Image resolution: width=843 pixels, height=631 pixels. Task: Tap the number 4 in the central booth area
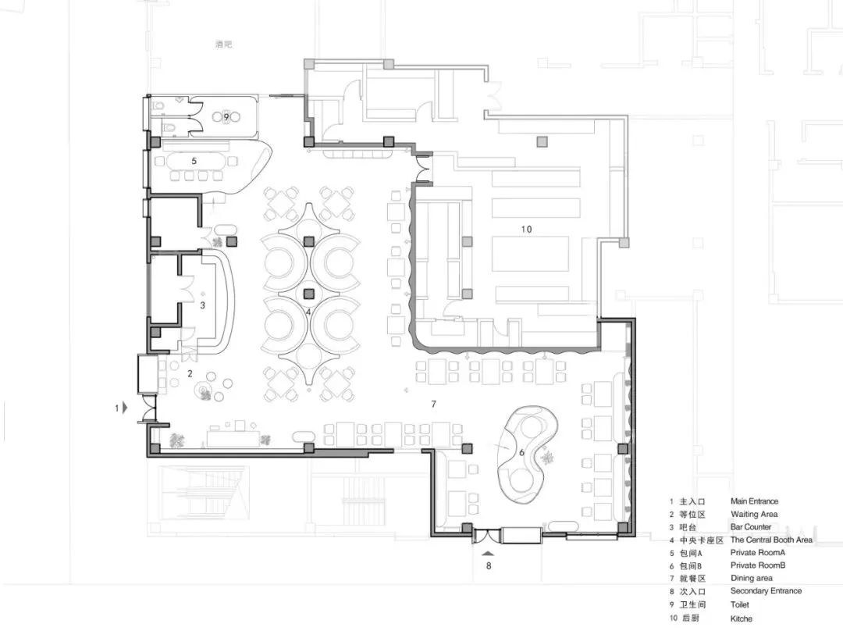(309, 312)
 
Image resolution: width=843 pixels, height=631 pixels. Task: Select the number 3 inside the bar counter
(202, 305)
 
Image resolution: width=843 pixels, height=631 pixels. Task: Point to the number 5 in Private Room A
(194, 160)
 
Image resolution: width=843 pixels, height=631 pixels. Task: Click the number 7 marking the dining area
(433, 404)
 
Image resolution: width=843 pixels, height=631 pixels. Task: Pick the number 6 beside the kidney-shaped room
(521, 452)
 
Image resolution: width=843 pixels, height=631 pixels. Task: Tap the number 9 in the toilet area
(226, 117)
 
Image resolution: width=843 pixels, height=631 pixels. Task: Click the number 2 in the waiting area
(190, 373)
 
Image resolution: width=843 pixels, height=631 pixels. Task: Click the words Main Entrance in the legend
(754, 501)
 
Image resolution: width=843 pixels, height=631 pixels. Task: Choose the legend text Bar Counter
(751, 527)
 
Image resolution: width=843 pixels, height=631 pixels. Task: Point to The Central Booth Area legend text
(771, 540)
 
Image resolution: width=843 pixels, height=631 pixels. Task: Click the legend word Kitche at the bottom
(742, 619)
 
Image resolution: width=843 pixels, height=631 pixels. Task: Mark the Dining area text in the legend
(751, 579)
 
